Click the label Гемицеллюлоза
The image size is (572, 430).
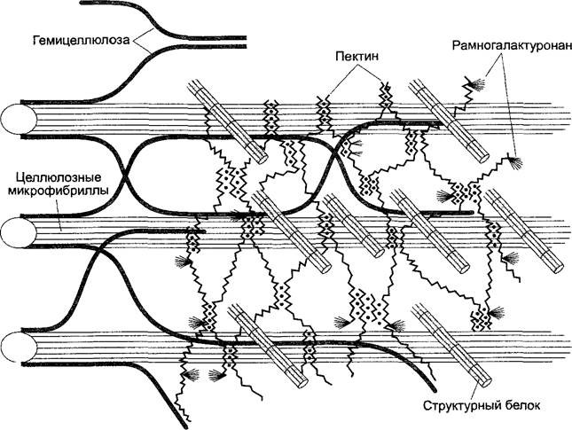(81, 40)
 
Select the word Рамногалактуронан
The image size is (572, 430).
(511, 46)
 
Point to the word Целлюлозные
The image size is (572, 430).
(59, 178)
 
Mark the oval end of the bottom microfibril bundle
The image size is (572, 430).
(19, 347)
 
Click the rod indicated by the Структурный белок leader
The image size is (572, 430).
(451, 346)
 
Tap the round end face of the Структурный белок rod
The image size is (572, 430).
(485, 382)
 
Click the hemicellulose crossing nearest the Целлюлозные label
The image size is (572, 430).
(125, 176)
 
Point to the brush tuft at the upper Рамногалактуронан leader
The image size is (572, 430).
(477, 85)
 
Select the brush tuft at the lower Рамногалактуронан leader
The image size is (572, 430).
(516, 161)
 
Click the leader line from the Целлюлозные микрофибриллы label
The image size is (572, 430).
(59, 215)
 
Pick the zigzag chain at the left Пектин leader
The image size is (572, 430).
(323, 113)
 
